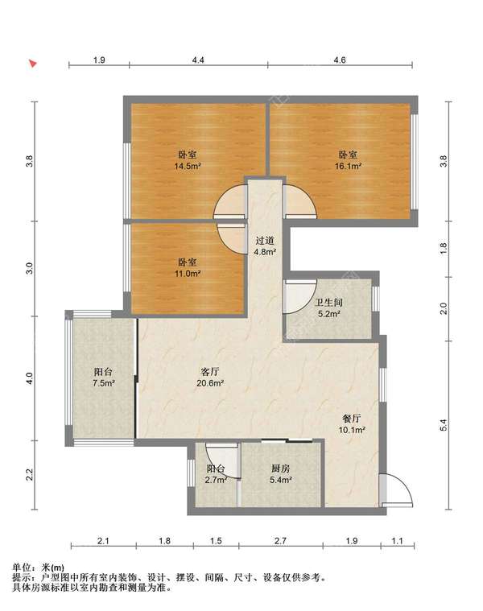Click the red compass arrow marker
click(33, 63)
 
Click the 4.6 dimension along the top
click(340, 60)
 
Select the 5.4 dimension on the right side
click(444, 425)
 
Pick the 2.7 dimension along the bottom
click(280, 541)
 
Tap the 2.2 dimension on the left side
click(30, 475)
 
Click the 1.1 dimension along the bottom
click(397, 541)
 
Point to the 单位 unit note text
click(21, 568)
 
